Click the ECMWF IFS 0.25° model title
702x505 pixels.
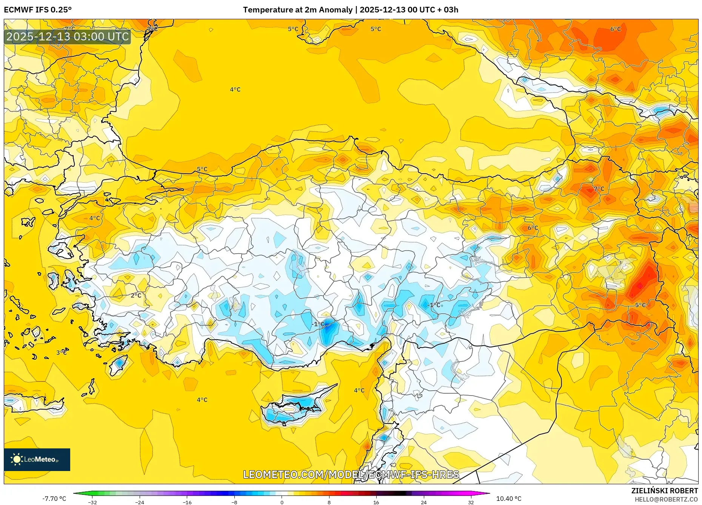pos(38,10)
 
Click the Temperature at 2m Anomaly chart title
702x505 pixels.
pos(350,10)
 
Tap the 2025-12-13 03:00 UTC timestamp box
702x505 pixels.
pos(68,37)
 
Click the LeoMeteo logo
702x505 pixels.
pos(37,459)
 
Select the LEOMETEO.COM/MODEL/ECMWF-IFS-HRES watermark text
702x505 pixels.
pos(351,474)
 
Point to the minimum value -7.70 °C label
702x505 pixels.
pos(54,499)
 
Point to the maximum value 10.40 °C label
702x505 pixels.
pos(508,499)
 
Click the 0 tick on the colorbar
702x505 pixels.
pos(282,502)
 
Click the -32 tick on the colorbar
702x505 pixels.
pos(92,502)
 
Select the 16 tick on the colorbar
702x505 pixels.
pos(376,502)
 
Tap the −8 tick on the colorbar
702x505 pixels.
pos(234,502)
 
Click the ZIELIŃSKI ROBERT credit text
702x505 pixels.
pos(664,491)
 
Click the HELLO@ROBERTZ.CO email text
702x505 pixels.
pos(666,499)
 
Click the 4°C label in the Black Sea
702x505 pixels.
pos(235,89)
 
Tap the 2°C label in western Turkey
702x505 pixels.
pos(136,295)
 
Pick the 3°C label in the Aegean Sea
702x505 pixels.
pos(62,353)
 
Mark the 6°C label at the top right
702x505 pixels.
pos(615,29)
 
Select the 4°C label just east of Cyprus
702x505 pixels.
pos(359,390)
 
